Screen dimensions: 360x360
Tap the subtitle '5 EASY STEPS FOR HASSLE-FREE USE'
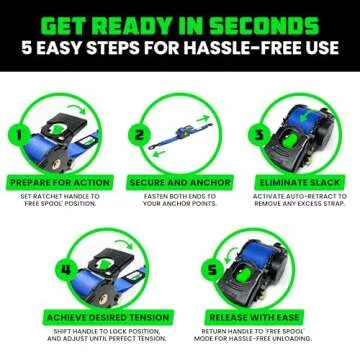[x=180, y=53]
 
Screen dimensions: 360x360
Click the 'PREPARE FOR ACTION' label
[x=61, y=183]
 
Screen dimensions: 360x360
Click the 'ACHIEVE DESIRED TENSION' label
[x=109, y=317]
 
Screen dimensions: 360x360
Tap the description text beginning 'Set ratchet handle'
[x=61, y=201]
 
